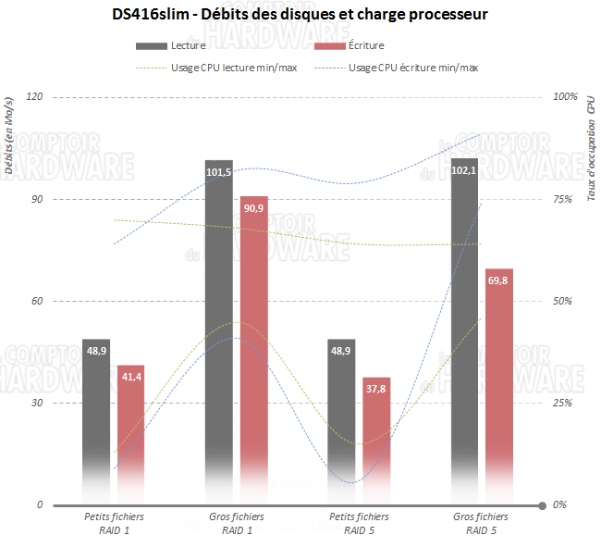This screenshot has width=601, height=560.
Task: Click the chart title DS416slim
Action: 300,15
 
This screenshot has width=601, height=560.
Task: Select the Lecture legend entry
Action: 181,45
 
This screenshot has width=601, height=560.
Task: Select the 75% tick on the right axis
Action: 561,199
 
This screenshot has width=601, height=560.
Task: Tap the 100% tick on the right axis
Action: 563,96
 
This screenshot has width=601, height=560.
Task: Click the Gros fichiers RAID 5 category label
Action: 481,524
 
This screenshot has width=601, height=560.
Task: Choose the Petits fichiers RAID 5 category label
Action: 359,524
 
